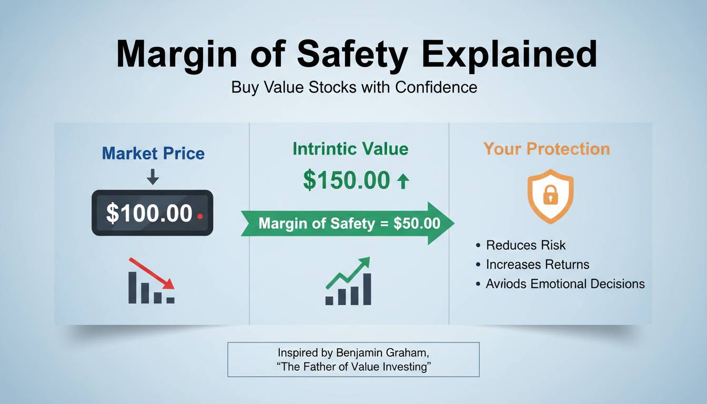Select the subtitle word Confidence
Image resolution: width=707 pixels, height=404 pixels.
(436, 87)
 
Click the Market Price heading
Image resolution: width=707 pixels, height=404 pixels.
(153, 154)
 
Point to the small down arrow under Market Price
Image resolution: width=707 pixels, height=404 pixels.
(153, 176)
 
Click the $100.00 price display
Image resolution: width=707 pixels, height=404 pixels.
(149, 214)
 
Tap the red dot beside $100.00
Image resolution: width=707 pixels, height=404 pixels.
(199, 216)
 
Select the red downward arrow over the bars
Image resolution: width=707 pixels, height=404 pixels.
(152, 272)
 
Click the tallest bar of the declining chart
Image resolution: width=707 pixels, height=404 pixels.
(133, 287)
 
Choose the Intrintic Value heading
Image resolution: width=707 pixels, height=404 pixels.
(350, 149)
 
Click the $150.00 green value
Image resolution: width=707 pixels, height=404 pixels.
(346, 180)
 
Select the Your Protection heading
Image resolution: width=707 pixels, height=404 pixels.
(547, 149)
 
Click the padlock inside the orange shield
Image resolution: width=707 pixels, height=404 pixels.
(550, 196)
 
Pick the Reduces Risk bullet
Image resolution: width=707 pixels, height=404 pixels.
(526, 245)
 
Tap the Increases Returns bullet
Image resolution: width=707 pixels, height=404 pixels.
(538, 265)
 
